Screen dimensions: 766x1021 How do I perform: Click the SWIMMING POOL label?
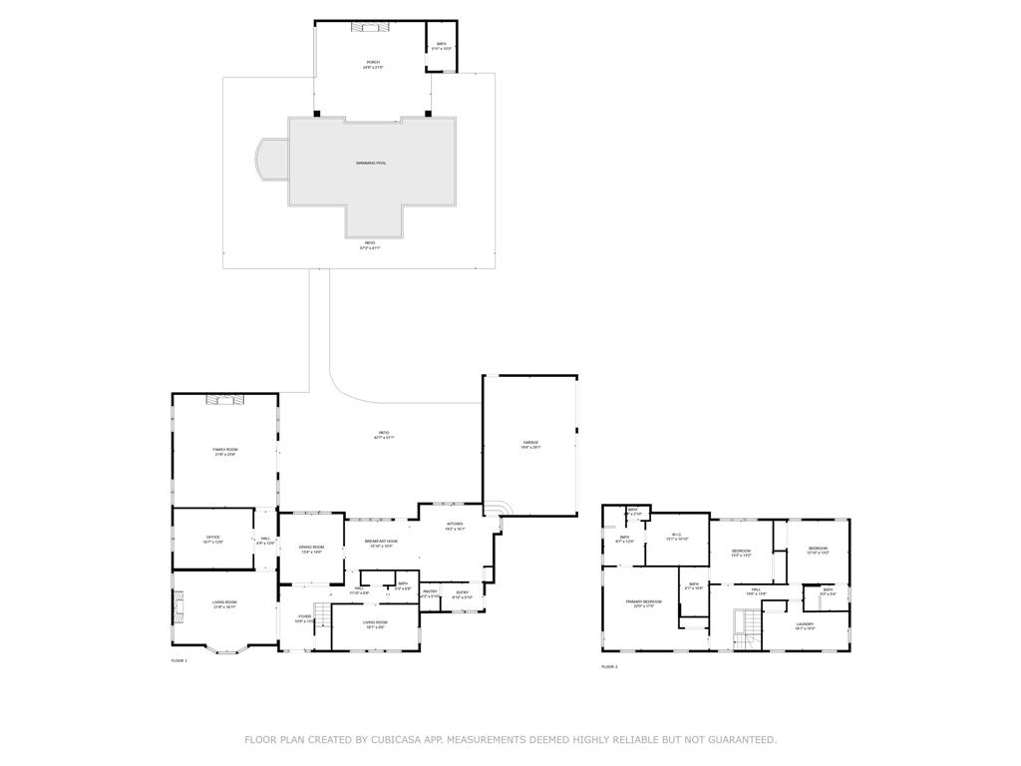tap(371, 163)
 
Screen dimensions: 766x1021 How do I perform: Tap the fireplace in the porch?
tap(365, 27)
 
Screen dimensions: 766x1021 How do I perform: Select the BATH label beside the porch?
tap(441, 45)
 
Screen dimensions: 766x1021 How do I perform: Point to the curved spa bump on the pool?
tap(270, 161)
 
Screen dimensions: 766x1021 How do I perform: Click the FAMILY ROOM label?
tap(225, 450)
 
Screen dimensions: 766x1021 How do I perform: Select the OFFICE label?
tap(212, 538)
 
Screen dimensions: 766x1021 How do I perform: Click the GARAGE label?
tap(530, 443)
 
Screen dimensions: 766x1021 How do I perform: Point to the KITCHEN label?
tap(455, 525)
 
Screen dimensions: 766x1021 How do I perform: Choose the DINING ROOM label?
tap(312, 548)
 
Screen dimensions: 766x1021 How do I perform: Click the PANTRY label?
tap(430, 592)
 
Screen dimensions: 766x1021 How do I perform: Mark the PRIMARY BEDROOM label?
tap(643, 602)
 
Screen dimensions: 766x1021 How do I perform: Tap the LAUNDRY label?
tap(805, 625)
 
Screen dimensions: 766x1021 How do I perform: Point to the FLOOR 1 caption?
tap(179, 660)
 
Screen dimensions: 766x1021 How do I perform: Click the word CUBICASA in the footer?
tap(394, 740)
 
